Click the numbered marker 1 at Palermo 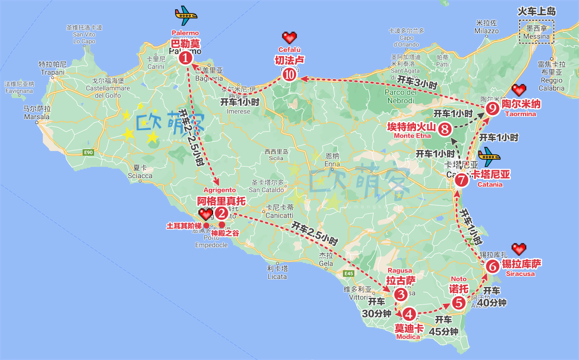tap(186, 57)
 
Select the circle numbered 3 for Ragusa tap(401, 295)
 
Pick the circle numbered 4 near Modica tap(409, 314)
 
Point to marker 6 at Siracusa tap(492, 267)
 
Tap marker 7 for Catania tap(461, 179)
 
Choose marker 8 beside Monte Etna tap(444, 129)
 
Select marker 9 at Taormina tap(492, 109)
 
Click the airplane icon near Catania tap(488, 154)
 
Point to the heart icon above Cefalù tap(289, 38)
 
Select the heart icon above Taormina tap(518, 89)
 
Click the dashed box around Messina tap(536, 32)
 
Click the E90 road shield tap(89, 152)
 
